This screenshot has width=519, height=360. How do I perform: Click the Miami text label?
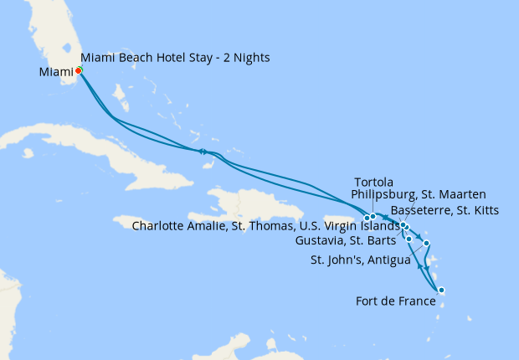[x=56, y=72]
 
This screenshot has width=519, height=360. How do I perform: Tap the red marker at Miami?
[x=78, y=71]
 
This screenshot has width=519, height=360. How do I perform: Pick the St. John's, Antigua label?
[x=361, y=260]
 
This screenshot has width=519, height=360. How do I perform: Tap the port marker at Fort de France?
[x=441, y=291]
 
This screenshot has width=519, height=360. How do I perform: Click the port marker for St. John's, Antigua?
[x=427, y=244]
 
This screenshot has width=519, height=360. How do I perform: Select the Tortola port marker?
[x=373, y=217]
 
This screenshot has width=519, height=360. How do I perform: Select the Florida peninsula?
[x=50, y=33]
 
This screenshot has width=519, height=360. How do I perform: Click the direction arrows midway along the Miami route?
[x=203, y=152]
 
